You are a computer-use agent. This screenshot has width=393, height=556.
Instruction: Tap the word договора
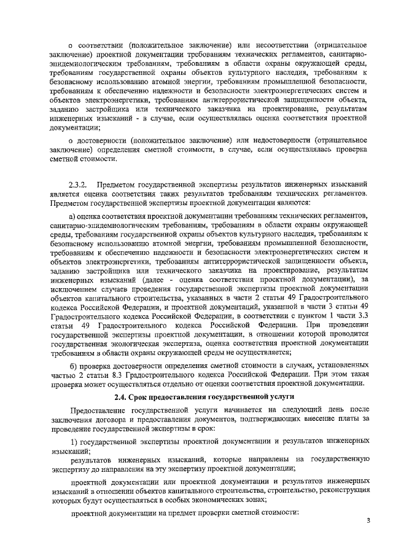click(106, 421)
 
